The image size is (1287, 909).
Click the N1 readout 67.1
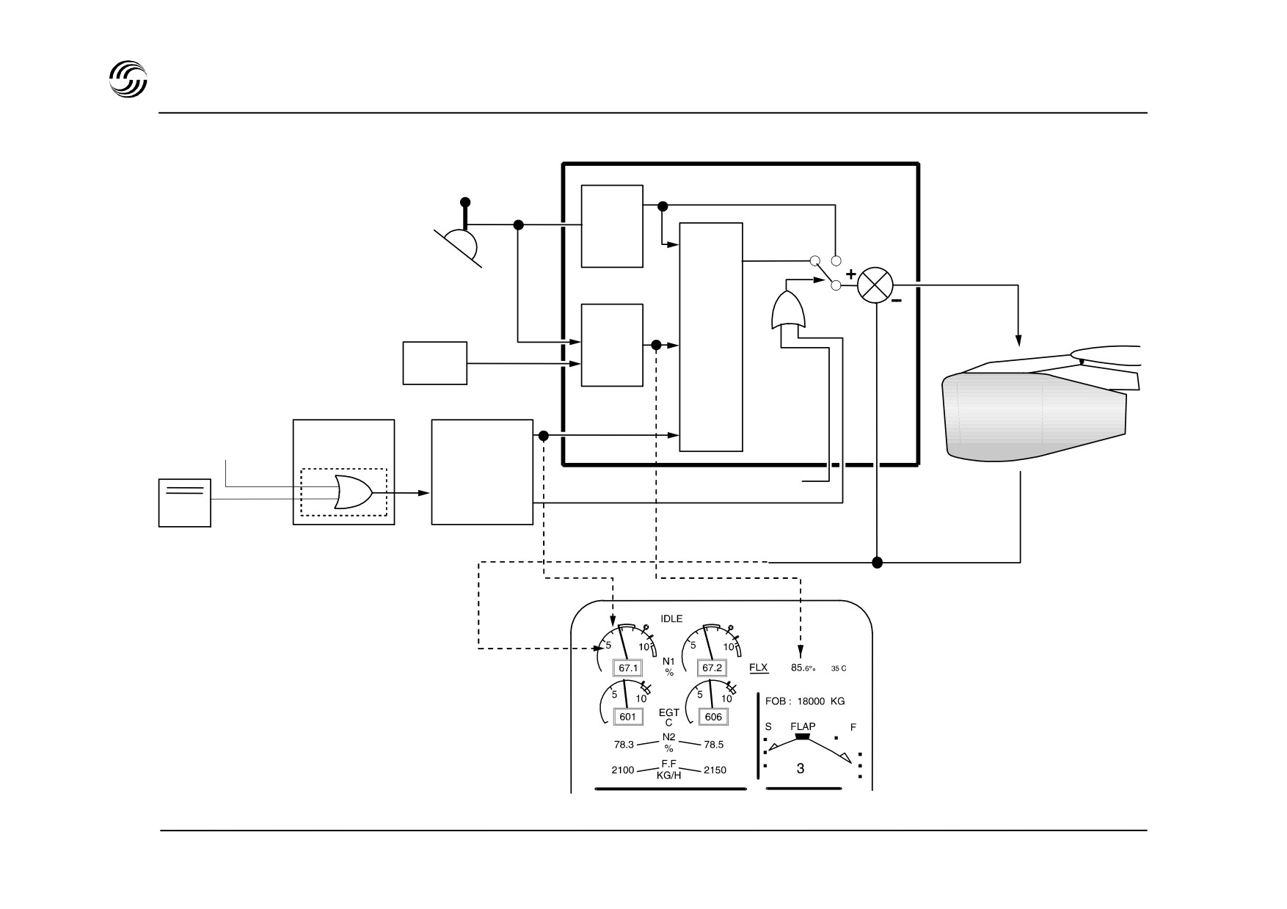click(628, 668)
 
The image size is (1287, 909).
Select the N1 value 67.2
click(712, 668)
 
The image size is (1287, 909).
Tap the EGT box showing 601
click(627, 717)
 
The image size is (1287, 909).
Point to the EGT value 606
click(712, 717)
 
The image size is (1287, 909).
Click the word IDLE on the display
click(671, 619)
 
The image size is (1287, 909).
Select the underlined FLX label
click(759, 668)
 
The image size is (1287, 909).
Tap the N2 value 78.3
click(624, 745)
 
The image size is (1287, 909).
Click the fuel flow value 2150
click(715, 770)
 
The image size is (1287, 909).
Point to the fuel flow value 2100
click(624, 770)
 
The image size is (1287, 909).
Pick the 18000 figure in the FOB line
click(812, 701)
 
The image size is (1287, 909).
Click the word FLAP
click(803, 727)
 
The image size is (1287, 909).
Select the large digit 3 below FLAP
click(801, 769)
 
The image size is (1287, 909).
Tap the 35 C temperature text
click(839, 669)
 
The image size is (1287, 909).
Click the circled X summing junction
click(875, 285)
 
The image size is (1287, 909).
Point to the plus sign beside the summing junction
click(850, 274)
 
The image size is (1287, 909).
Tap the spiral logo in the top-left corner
click(128, 78)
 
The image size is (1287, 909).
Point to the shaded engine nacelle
click(1035, 416)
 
